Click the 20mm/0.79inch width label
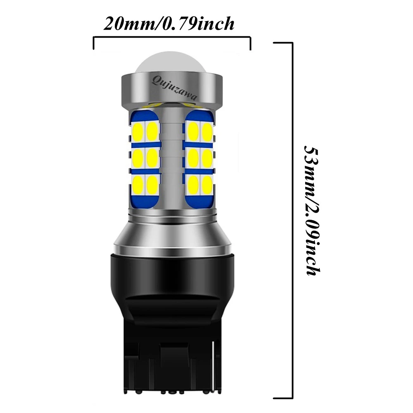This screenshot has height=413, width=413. (169, 24)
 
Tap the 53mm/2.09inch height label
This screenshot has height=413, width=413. (312, 210)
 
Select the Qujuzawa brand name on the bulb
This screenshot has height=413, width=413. (174, 88)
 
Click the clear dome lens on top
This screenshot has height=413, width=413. (171, 63)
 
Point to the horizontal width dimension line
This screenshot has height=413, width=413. (172, 38)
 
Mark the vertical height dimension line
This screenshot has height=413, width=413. (292, 221)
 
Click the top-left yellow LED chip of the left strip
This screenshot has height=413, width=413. (138, 131)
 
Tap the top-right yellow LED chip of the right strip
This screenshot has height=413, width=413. (207, 131)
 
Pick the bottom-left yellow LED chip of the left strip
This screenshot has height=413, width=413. (138, 184)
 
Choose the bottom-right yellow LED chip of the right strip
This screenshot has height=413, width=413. (207, 184)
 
